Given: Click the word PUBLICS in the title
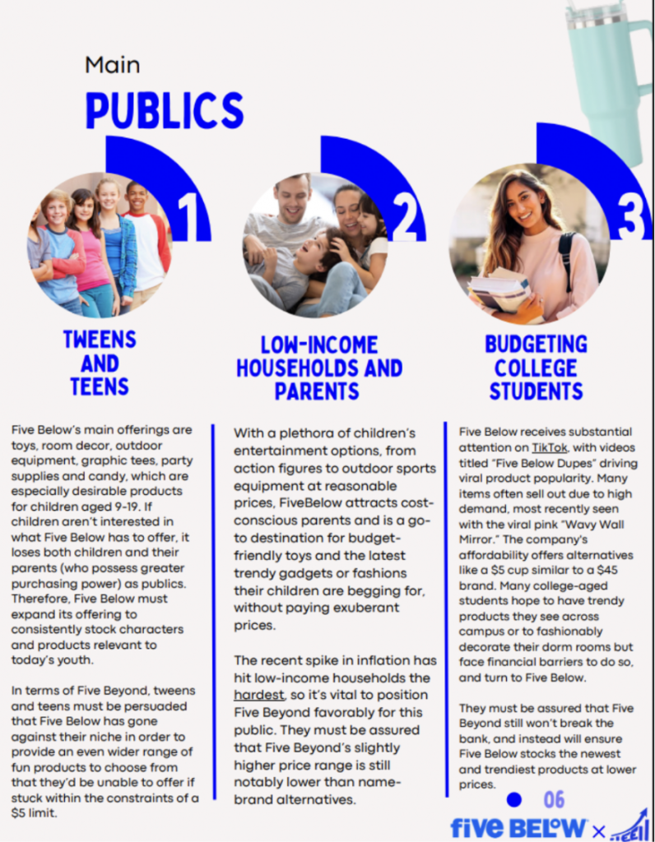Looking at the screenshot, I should click(165, 109).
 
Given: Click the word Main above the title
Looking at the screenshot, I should click(112, 64).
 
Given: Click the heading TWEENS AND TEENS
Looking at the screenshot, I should click(100, 363).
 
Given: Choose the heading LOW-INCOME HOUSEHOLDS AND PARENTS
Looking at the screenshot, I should click(318, 368).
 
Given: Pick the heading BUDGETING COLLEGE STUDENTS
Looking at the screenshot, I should click(536, 367).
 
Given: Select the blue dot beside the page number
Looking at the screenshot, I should click(514, 799).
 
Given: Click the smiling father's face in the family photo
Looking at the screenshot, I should click(292, 198).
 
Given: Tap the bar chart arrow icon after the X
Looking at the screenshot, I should click(629, 825).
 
